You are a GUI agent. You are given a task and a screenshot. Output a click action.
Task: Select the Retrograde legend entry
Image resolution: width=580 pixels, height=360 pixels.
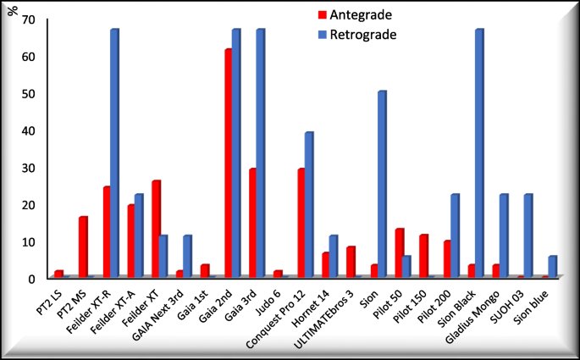click(x=359, y=35)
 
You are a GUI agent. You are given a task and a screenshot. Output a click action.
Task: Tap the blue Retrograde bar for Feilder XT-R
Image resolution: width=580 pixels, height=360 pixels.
click(x=113, y=152)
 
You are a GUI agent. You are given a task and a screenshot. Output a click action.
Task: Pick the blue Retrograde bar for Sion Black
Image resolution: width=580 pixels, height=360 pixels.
click(x=479, y=152)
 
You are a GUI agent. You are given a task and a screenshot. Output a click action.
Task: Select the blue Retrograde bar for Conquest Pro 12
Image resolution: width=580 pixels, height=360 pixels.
click(x=309, y=204)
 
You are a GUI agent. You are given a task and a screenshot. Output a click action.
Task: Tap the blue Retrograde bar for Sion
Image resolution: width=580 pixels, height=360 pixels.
click(x=382, y=183)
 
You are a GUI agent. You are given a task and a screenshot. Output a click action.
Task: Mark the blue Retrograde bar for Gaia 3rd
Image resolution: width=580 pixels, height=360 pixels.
click(x=260, y=152)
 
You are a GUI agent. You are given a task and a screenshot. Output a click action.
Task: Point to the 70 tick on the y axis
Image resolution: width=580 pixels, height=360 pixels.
click(x=30, y=19)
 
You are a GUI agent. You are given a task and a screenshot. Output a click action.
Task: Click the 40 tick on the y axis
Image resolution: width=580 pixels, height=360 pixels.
click(x=30, y=130)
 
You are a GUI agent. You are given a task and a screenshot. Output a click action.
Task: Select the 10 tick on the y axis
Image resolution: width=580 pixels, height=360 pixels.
click(x=30, y=241)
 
